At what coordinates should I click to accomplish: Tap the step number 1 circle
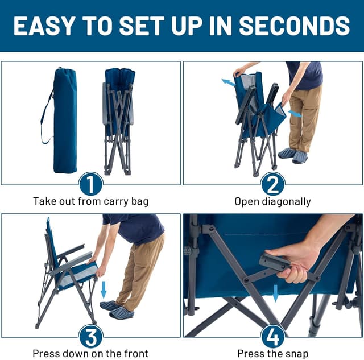[91, 184]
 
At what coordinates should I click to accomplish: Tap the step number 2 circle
[273, 184]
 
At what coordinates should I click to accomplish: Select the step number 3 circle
[91, 336]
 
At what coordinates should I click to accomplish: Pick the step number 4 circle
[273, 336]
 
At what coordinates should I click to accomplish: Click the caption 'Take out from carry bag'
[91, 201]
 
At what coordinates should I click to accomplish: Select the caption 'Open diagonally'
[273, 201]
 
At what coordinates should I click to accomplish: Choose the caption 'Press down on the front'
[91, 353]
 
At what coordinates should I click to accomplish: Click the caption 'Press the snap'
[273, 353]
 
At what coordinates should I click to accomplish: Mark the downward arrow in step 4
[276, 293]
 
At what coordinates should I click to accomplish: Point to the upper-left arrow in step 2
[228, 83]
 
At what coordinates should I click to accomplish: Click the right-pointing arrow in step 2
[295, 114]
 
